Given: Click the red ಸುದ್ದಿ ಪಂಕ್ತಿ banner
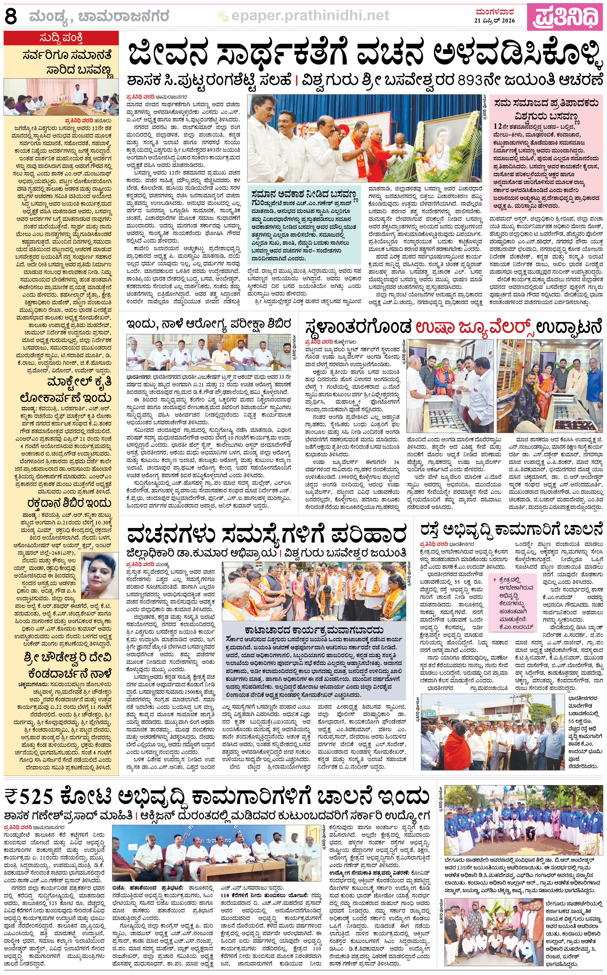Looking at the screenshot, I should coord(61,38).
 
